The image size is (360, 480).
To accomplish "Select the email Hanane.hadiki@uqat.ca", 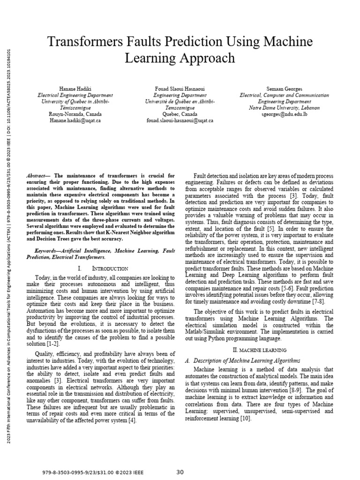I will [75, 120].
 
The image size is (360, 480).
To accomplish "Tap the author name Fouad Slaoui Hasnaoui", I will [180, 88].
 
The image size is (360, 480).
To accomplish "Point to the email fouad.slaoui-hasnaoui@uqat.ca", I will [180, 120].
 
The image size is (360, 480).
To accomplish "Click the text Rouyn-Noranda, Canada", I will [75, 114].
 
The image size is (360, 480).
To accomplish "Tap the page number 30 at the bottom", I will [180, 472].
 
